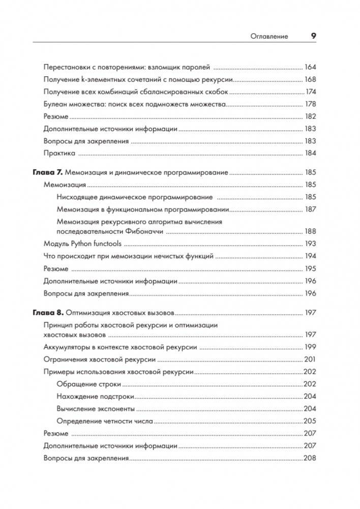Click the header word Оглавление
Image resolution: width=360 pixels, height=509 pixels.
click(x=269, y=36)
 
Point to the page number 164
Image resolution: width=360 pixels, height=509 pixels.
click(x=310, y=67)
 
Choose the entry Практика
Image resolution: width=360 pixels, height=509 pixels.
click(x=59, y=153)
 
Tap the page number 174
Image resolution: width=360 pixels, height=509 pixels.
click(x=310, y=92)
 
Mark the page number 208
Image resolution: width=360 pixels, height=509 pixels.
click(x=310, y=458)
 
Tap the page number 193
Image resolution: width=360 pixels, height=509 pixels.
click(x=310, y=244)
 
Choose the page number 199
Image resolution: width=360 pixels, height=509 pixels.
click(x=310, y=347)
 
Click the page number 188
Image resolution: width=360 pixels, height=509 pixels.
click(x=310, y=231)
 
